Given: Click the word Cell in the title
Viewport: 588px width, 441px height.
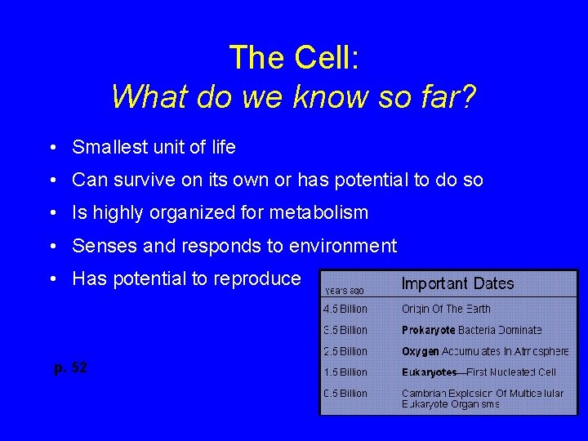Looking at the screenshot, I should pyautogui.click(x=321, y=58).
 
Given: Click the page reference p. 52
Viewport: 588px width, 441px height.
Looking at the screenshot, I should pyautogui.click(x=70, y=368).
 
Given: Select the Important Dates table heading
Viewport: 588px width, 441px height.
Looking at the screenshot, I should pyautogui.click(x=457, y=284).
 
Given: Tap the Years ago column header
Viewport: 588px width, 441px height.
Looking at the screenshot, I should pyautogui.click(x=345, y=290).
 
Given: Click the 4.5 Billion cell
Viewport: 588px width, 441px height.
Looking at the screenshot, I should pyautogui.click(x=345, y=309).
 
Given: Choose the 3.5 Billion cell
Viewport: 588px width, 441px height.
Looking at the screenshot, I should pyautogui.click(x=345, y=330).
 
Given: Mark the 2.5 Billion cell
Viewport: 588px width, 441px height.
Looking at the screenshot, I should pyautogui.click(x=345, y=351).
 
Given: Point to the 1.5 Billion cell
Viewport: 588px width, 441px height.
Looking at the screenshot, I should pyautogui.click(x=345, y=372).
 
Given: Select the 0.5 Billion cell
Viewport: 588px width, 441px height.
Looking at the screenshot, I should pyautogui.click(x=345, y=394).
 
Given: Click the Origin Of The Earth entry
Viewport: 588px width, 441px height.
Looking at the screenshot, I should pyautogui.click(x=445, y=309).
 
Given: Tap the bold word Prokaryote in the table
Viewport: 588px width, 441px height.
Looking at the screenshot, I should pyautogui.click(x=428, y=330).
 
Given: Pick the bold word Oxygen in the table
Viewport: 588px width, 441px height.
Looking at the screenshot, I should pyautogui.click(x=420, y=351).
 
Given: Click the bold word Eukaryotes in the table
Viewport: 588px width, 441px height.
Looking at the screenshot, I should pyautogui.click(x=429, y=372).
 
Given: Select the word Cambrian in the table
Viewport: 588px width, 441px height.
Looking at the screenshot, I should pyautogui.click(x=425, y=394).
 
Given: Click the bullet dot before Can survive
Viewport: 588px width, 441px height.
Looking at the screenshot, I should pyautogui.click(x=51, y=180).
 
